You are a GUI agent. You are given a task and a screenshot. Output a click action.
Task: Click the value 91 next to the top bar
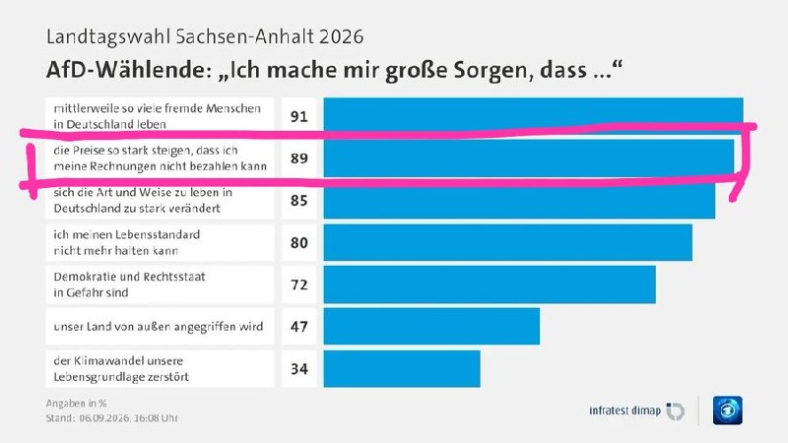pos(299,116)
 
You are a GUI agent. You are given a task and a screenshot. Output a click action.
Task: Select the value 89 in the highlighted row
pos(299,158)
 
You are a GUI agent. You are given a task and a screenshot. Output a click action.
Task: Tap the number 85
pos(299,201)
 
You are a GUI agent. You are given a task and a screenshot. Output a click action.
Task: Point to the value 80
pos(299,242)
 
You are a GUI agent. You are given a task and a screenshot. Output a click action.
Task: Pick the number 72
pos(299,285)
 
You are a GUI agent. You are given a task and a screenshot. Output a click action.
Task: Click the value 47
pos(299,327)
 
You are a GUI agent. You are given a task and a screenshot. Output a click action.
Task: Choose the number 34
pos(299,368)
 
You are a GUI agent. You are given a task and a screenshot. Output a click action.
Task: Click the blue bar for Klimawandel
pos(402,368)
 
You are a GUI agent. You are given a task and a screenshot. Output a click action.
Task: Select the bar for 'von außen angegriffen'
pos(431,327)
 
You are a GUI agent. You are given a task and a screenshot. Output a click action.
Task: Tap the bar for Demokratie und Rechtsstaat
pos(490,285)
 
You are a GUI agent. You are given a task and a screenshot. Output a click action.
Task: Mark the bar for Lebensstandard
pos(508,242)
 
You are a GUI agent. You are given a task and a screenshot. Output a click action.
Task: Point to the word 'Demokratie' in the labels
pos(80,277)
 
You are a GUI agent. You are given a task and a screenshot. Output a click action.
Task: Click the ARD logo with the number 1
pos(728,411)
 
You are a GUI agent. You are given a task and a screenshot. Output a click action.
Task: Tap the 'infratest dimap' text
pos(625,411)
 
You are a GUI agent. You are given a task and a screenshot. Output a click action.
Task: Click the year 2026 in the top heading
pos(341,36)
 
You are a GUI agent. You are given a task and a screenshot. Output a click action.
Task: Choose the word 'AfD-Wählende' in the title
pos(126,70)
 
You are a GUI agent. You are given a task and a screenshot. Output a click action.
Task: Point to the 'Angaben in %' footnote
pos(77,404)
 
